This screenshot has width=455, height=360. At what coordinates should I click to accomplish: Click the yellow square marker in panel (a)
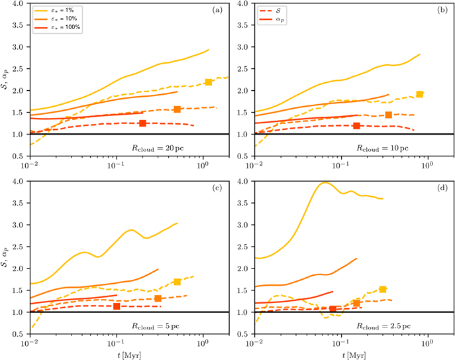[x=209, y=82]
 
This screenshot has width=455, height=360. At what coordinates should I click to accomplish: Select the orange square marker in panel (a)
[x=177, y=109]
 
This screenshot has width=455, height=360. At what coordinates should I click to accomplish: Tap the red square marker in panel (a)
[x=142, y=123]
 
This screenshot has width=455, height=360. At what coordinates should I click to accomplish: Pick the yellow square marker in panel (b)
[x=420, y=94]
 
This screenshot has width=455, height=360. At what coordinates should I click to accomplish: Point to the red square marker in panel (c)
[x=117, y=306]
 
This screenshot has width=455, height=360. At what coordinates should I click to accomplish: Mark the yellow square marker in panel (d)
[x=383, y=289]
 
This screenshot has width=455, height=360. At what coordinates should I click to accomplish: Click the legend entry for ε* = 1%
[x=54, y=11]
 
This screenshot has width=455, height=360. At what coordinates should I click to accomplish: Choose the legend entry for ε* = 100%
[x=57, y=27]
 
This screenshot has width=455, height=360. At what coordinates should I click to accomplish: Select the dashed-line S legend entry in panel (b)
[x=270, y=11]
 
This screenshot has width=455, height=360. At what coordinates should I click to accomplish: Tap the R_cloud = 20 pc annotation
[x=158, y=149]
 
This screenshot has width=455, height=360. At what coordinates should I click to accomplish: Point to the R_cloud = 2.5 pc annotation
[x=383, y=326]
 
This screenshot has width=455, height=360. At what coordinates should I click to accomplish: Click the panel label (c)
[x=217, y=188]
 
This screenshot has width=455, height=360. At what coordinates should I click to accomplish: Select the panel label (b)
[x=442, y=10]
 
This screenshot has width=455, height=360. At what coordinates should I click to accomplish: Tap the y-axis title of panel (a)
[x=5, y=77]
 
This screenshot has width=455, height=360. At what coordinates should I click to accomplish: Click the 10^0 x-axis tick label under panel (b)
[x=427, y=165]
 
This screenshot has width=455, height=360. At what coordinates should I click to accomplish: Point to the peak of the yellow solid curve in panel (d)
[x=325, y=182]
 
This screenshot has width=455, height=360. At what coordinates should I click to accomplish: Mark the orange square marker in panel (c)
[x=158, y=298]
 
